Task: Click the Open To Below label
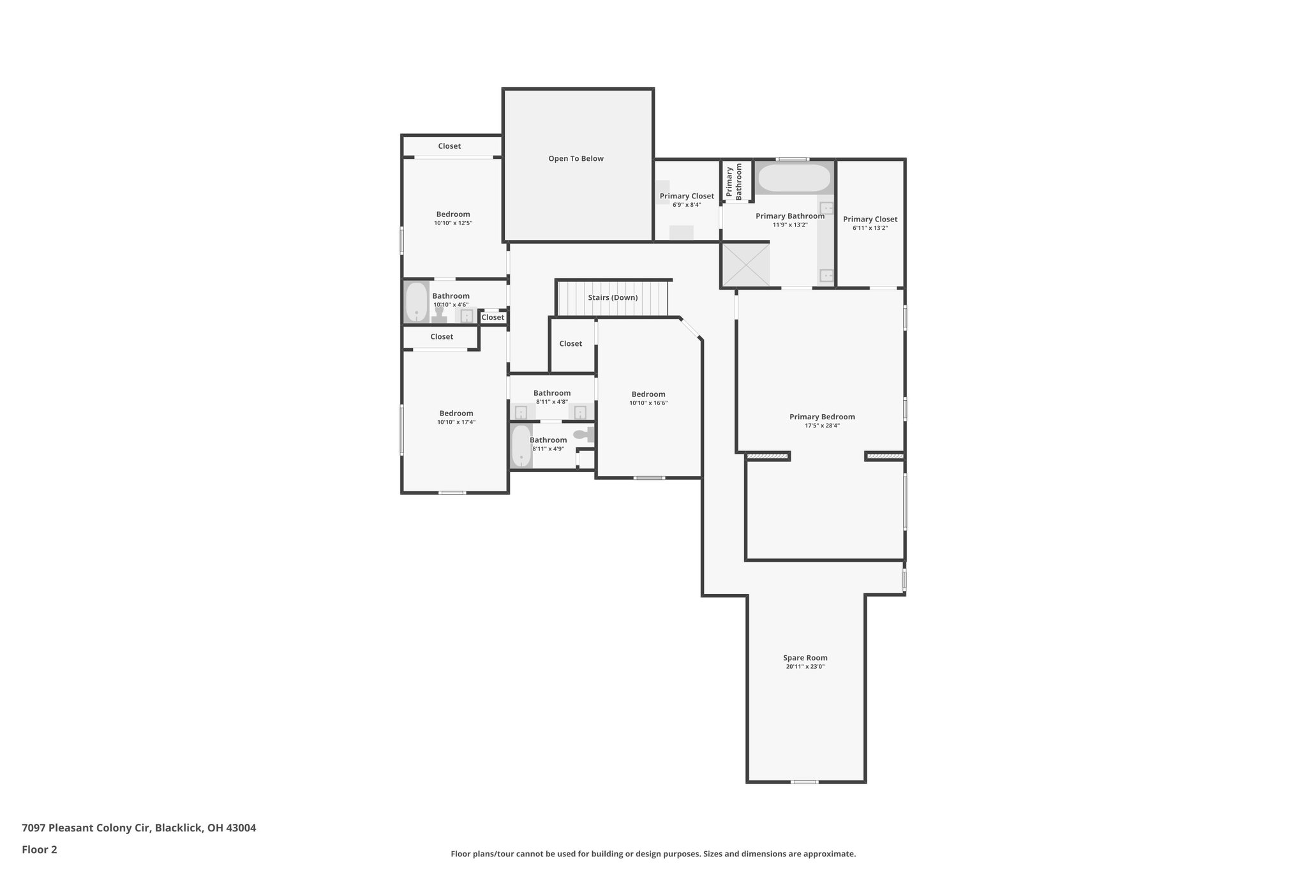(x=576, y=159)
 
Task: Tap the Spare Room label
(x=805, y=658)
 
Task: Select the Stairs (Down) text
(x=613, y=298)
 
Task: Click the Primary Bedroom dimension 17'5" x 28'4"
(x=822, y=426)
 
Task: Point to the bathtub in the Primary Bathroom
(x=794, y=178)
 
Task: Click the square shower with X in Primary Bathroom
(x=745, y=265)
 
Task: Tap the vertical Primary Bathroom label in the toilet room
(x=735, y=182)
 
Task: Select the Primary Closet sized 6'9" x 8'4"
(x=687, y=197)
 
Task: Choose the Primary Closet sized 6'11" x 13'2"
(x=870, y=220)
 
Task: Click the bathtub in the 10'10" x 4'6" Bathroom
(x=417, y=302)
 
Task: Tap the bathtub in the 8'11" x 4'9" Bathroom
(x=521, y=446)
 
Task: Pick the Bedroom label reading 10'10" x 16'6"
(x=648, y=394)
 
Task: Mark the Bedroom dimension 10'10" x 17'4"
(x=456, y=422)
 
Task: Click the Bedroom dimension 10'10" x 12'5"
(x=453, y=223)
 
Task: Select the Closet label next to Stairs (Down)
(x=571, y=344)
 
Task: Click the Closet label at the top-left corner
(x=449, y=146)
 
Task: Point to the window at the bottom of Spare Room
(x=804, y=782)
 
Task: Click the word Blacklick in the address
(x=179, y=828)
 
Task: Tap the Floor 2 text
(x=40, y=849)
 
